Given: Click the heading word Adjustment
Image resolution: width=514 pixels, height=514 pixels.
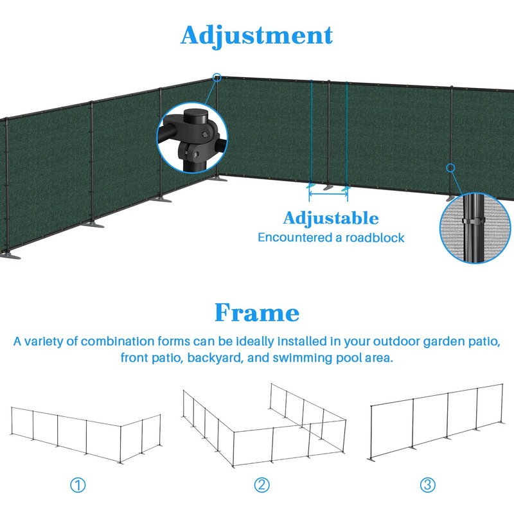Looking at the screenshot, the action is [256, 35].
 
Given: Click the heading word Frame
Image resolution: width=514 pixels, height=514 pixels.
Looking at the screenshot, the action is [256, 313].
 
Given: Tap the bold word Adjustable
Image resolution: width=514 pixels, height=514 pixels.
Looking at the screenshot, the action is [331, 218].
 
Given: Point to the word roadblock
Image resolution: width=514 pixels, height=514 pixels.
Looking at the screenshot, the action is [377, 238].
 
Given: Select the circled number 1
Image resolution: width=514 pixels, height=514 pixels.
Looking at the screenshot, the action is [78, 485].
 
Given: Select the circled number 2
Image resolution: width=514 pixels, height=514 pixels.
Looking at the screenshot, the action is [261, 485].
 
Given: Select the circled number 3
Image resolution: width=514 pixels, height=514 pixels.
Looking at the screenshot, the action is [428, 485].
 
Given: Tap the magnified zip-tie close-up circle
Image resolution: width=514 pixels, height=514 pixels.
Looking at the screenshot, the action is [475, 229].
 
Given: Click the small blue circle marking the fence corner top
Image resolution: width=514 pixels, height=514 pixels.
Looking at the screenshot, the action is [217, 78].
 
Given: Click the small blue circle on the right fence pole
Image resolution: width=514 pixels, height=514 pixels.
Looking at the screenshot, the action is [450, 168].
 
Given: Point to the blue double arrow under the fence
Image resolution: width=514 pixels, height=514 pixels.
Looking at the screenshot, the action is [328, 190].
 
